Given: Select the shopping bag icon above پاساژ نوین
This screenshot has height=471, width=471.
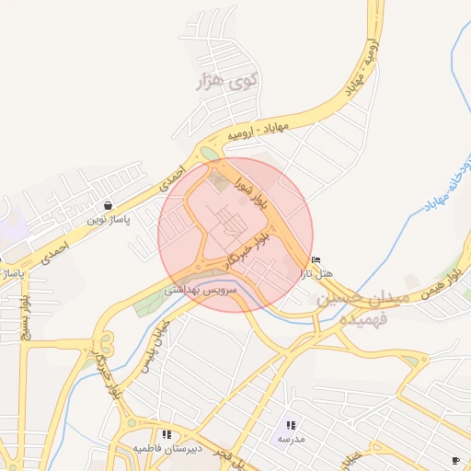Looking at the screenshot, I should (x=109, y=206).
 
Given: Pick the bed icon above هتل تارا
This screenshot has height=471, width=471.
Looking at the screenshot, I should (x=316, y=259).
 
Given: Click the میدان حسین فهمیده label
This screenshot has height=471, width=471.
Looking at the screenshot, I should (x=353, y=309).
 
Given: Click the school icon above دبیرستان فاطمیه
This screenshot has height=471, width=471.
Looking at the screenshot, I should (x=166, y=434).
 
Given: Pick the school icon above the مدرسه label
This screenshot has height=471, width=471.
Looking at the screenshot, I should (x=291, y=425).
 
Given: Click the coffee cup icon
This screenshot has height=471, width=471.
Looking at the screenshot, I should (x=455, y=459).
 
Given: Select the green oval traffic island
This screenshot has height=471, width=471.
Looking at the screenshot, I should (x=210, y=153).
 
